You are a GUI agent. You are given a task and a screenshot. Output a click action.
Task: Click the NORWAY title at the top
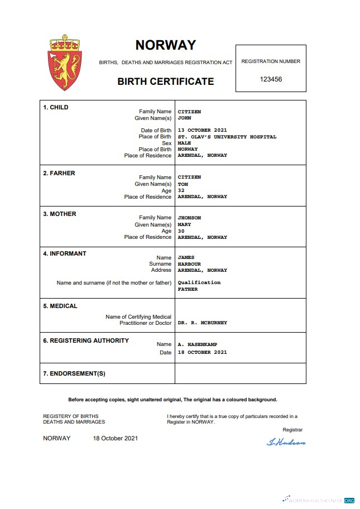(166, 45)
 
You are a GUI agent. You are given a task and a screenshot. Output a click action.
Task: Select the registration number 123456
(271, 79)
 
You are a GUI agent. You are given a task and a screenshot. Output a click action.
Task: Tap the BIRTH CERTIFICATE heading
(165, 81)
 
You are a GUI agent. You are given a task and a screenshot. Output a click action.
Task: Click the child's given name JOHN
(184, 118)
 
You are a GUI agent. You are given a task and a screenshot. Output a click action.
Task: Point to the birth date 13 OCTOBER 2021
(202, 131)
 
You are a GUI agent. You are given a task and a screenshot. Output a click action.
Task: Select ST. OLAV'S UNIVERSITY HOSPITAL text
(227, 137)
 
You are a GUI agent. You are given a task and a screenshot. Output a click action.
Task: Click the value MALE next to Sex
(184, 143)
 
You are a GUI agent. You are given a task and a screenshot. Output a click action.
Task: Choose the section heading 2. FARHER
(59, 173)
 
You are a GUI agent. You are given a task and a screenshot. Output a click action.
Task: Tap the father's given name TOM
(183, 184)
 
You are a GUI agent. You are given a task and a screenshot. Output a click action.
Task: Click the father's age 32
(181, 190)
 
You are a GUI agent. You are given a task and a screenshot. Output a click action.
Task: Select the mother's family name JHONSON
(189, 218)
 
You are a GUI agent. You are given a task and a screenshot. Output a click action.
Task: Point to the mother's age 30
(181, 231)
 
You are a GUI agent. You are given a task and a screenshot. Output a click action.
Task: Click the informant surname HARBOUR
(189, 264)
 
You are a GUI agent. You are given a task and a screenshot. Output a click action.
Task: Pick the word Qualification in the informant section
(199, 282)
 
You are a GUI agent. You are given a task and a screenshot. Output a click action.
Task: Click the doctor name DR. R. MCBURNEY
(202, 323)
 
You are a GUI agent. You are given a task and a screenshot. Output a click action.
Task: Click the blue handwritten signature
(286, 442)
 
